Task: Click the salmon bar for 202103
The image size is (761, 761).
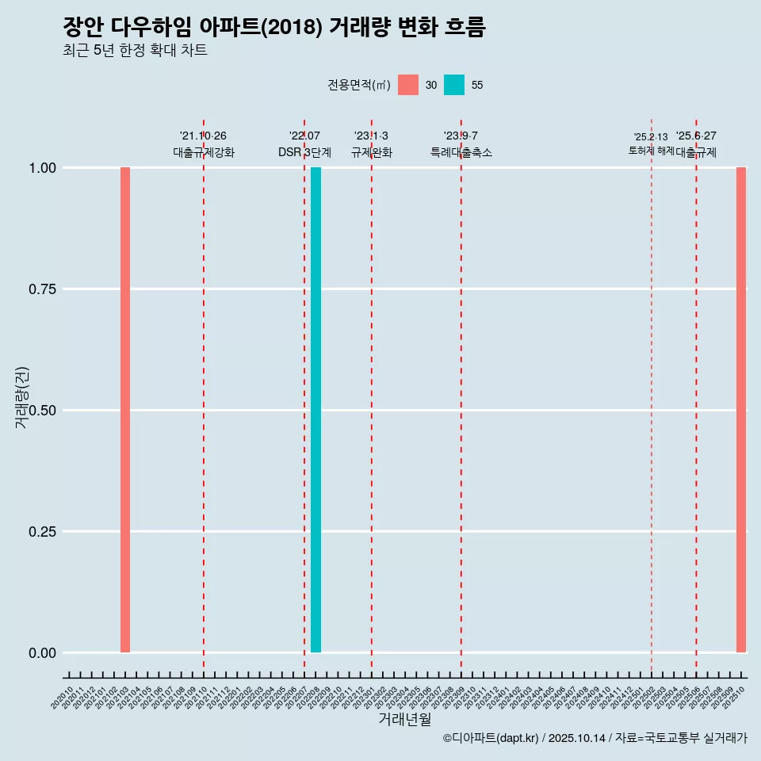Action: [125, 410]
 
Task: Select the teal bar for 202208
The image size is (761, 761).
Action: [315, 410]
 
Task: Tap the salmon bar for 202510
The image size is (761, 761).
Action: [741, 410]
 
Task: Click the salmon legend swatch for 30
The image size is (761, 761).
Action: [408, 85]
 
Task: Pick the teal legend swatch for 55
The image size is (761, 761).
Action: [454, 85]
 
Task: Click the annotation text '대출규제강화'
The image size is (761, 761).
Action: [204, 152]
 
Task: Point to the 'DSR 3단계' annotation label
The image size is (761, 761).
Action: [304, 152]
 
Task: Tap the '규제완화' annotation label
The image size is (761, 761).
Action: [372, 152]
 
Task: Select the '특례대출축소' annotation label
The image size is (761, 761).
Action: [461, 152]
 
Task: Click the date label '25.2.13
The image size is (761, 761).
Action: [650, 137]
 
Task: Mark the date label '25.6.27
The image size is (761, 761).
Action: [696, 136]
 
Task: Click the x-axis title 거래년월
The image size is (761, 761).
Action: [405, 719]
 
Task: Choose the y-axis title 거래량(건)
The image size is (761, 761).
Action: [22, 398]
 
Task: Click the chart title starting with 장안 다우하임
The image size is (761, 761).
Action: [273, 27]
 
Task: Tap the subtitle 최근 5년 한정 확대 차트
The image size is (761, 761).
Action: [135, 51]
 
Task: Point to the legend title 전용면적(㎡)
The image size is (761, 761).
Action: [359, 85]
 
